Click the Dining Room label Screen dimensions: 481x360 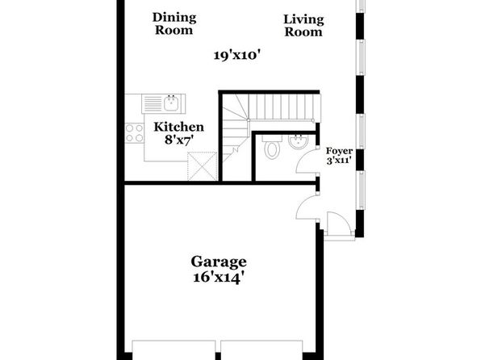click(174, 24)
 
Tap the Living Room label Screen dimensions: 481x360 click(303, 26)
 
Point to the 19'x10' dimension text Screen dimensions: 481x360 click(237, 56)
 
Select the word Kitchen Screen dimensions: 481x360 click(179, 127)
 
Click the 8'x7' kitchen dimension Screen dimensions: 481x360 click(179, 140)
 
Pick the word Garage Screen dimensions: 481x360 click(219, 262)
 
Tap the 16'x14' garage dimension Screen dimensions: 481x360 click(219, 278)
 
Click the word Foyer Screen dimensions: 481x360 click(339, 151)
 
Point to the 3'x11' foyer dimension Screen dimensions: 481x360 click(339, 160)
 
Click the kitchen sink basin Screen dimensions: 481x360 click(171, 103)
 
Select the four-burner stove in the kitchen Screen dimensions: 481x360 click(134, 133)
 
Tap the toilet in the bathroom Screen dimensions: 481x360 click(272, 147)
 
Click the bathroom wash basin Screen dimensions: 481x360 click(298, 141)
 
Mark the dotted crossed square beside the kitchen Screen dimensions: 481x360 click(202, 166)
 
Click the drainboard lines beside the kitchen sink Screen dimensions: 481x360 click(153, 104)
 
